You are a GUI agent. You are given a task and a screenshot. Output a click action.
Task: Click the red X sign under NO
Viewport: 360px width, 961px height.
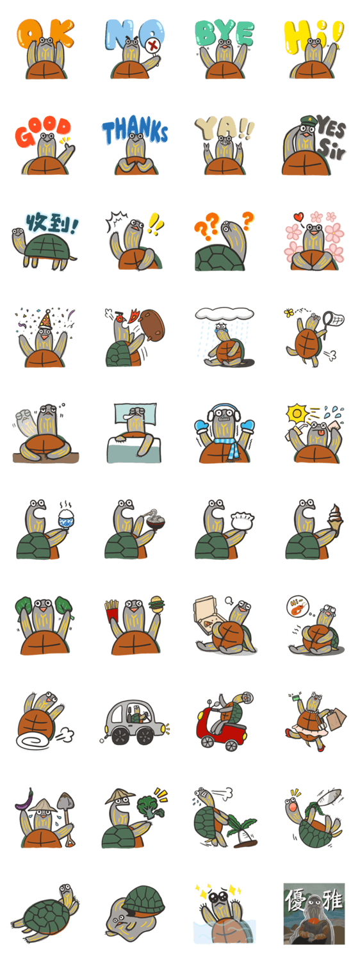point(153,45)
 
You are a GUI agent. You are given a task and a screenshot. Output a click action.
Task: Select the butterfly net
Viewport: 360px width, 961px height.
point(333,322)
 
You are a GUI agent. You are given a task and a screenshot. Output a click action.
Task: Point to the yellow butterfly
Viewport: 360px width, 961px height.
point(289,313)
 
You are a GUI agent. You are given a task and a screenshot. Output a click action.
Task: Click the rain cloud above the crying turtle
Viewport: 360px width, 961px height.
point(224,313)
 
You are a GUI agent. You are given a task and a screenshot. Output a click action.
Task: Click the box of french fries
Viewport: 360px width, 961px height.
point(111,610)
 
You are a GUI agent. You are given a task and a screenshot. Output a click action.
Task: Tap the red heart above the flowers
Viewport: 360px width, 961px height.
point(299,217)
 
